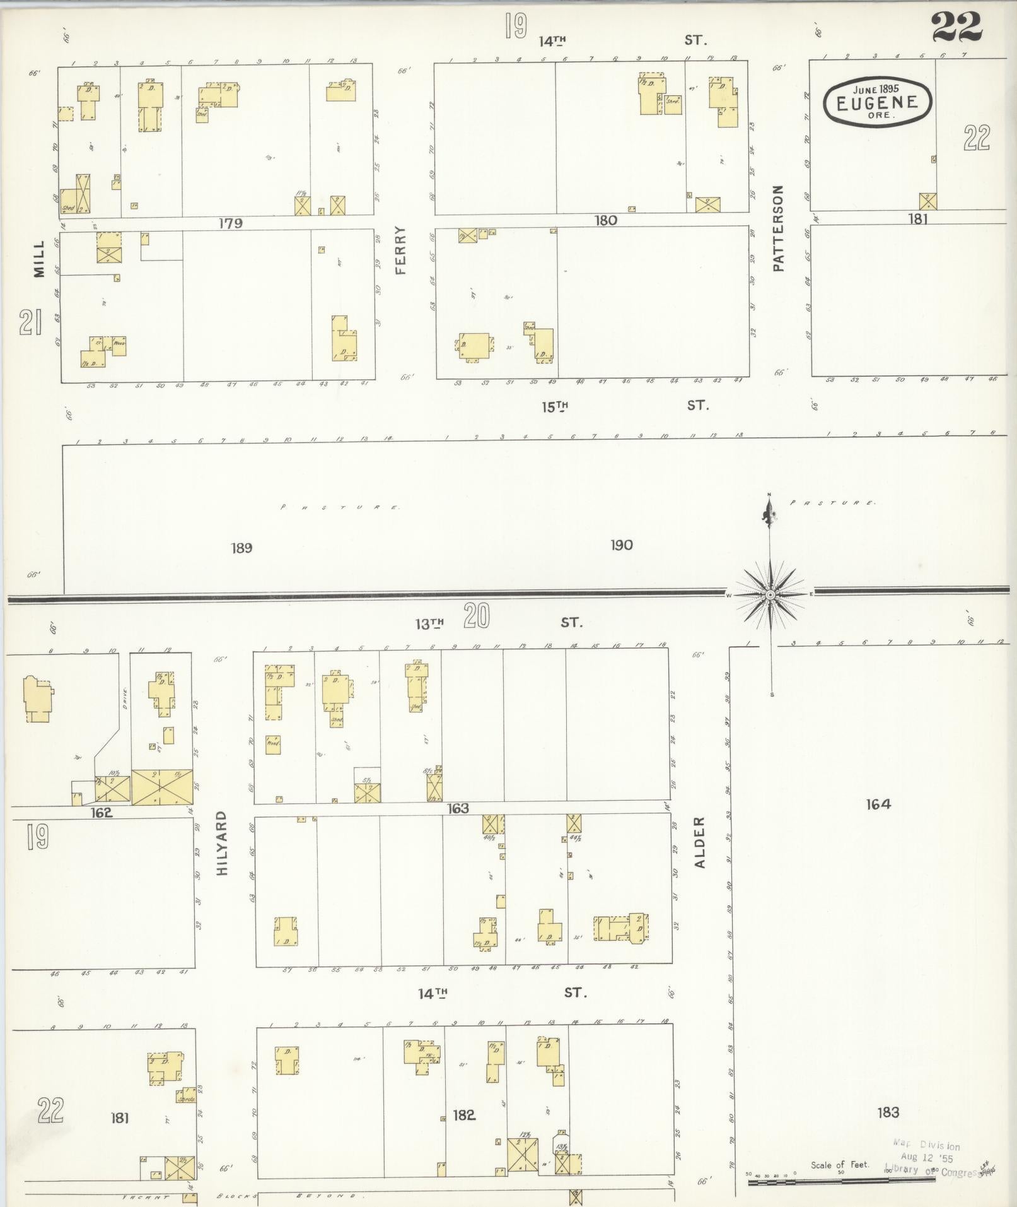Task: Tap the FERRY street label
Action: [x=402, y=250]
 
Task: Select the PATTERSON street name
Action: [x=779, y=228]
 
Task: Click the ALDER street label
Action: [x=700, y=842]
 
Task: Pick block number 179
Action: [x=231, y=223]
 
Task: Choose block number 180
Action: [x=605, y=221]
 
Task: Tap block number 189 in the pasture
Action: [x=241, y=548]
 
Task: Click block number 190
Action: [x=621, y=545]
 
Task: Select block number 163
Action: [x=458, y=808]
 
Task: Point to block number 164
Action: [x=878, y=804]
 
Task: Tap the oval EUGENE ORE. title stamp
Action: [x=877, y=101]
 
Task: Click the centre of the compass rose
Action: [x=770, y=594]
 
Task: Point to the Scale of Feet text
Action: [x=839, y=1164]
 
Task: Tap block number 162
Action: [x=102, y=813]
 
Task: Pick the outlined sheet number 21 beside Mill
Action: [x=30, y=322]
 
